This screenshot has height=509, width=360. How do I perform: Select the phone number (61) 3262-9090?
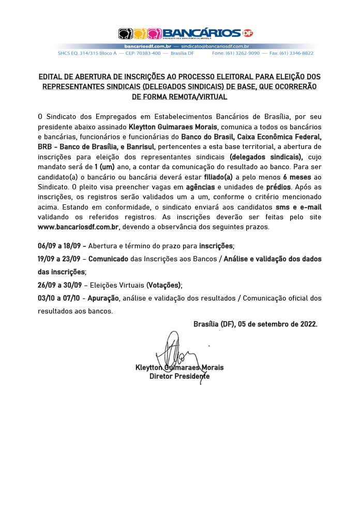point(242,53)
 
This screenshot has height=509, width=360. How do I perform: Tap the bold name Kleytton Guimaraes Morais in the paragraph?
point(173,127)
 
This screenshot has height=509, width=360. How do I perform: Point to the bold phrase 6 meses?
point(297,176)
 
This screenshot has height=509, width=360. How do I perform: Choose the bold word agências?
point(200,186)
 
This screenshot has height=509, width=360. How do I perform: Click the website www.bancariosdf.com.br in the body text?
point(79,227)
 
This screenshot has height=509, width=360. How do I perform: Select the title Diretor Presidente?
point(179,376)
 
